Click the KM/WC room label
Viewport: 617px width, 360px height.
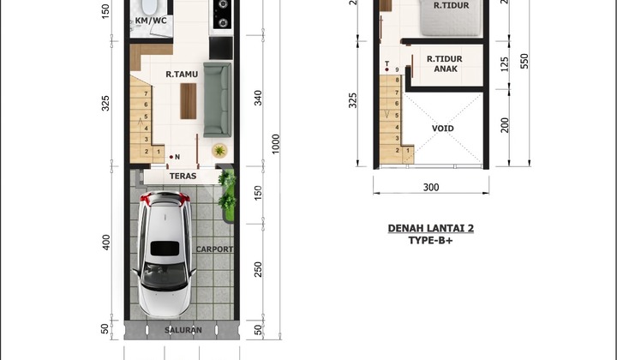coord(151,21)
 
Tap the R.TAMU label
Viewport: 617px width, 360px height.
coord(182,74)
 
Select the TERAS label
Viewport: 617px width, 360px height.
coord(183,176)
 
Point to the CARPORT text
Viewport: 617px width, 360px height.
coord(214,249)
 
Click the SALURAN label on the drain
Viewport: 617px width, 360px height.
coord(183,330)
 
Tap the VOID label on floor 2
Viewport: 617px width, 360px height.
coord(443,129)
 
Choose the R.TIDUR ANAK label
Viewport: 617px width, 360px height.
coord(445,63)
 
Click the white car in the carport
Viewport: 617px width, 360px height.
coord(165,255)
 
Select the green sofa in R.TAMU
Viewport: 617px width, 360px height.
coord(217,99)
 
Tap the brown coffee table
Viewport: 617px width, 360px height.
coord(189,101)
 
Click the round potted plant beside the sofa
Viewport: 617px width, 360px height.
coord(219,150)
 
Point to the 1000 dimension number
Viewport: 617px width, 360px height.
coord(275,144)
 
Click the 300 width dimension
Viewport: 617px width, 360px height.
coord(431,187)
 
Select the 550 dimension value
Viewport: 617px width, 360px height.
coord(524,61)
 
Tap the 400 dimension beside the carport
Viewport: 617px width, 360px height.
coord(106,242)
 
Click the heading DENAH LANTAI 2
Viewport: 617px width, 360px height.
coord(431,228)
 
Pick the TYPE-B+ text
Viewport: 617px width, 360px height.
coord(430,240)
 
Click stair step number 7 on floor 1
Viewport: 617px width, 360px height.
coord(146,93)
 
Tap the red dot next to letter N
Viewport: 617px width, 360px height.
coord(171,157)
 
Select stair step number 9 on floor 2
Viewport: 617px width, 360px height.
coord(397,70)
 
